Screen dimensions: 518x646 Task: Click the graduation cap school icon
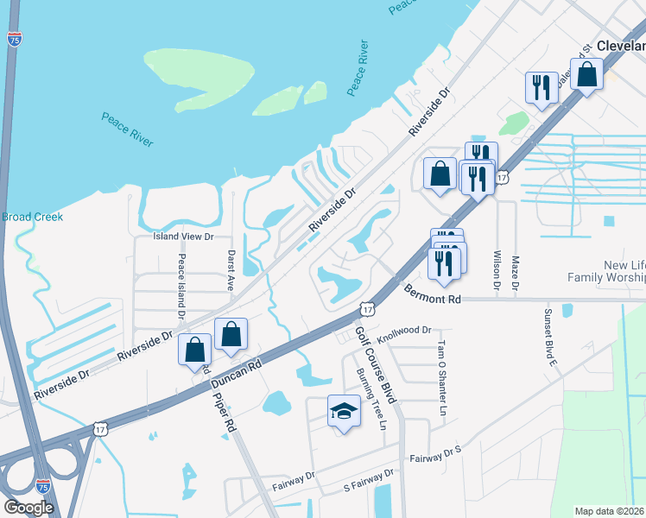pos(343,411)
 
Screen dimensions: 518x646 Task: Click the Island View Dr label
pos(183,236)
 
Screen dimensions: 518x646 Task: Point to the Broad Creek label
pos(32,217)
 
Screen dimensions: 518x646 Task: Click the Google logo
pos(28,508)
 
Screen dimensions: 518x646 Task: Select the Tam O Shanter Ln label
pos(440,379)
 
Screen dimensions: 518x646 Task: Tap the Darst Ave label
pos(231,270)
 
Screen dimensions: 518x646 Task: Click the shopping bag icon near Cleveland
pos(587,75)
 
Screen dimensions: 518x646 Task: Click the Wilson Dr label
pos(497,272)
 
